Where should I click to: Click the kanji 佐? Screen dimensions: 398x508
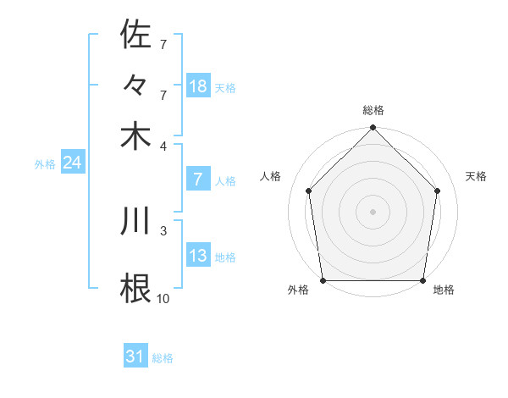[136, 35]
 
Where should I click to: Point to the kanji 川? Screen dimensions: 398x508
[136, 220]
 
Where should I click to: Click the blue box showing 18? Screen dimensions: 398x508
[198, 86]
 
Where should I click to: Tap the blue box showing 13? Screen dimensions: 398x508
[198, 256]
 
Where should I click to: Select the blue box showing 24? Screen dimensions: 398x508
[72, 163]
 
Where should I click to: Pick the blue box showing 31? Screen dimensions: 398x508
[135, 357]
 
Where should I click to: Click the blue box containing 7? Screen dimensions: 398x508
[198, 180]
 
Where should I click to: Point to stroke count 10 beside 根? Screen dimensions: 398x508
[163, 297]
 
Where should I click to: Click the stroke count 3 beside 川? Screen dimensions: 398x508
[163, 229]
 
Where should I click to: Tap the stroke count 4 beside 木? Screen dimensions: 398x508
[163, 146]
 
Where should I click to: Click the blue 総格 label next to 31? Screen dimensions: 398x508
[163, 359]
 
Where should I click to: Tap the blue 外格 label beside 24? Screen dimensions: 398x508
[45, 165]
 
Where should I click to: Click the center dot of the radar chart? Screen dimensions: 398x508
[373, 211]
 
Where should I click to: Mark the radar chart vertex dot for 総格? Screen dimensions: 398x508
[373, 129]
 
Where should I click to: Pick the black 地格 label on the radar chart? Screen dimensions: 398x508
[444, 290]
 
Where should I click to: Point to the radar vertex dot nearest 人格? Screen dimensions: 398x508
[309, 191]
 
